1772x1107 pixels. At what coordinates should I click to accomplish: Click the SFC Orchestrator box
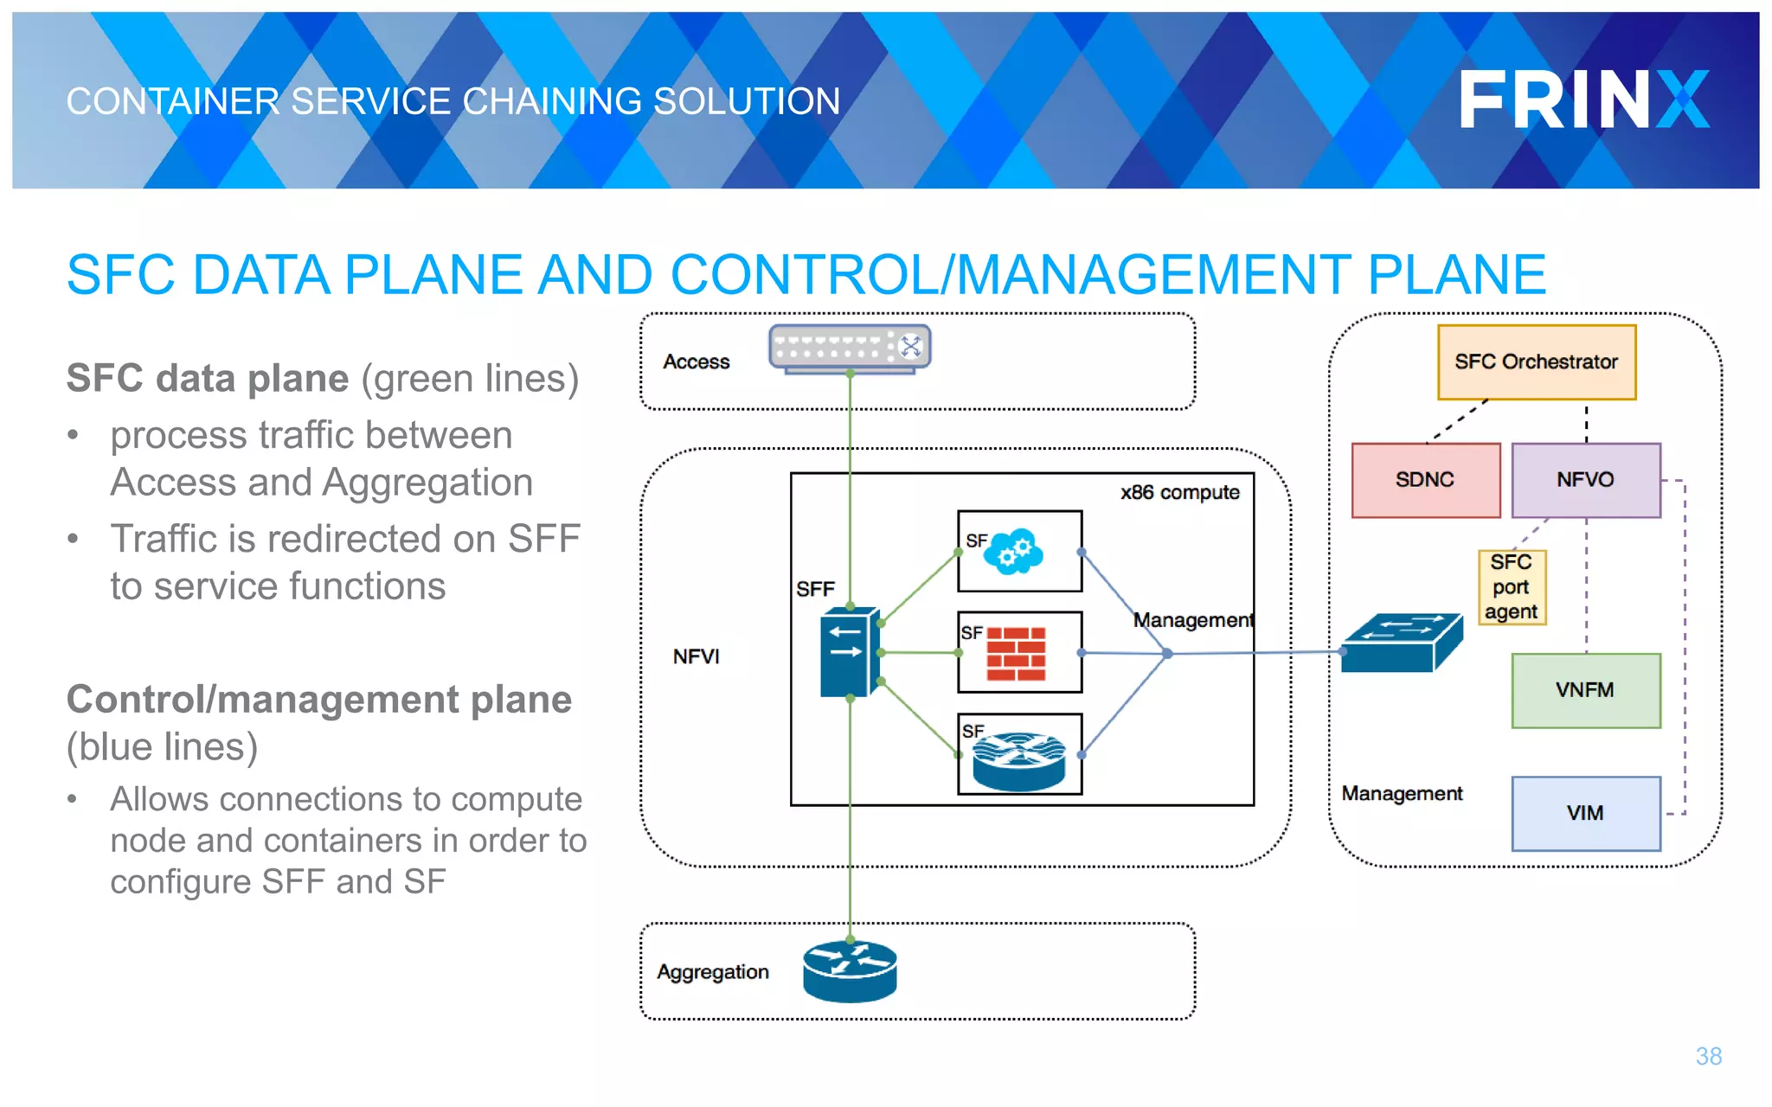pyautogui.click(x=1536, y=362)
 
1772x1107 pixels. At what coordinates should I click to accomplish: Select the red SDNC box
pyautogui.click(x=1425, y=480)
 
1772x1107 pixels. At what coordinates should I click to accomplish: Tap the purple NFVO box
pyautogui.click(x=1585, y=480)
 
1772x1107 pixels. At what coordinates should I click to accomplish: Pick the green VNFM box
pyautogui.click(x=1585, y=690)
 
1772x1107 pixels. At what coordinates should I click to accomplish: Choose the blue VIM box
pyautogui.click(x=1585, y=813)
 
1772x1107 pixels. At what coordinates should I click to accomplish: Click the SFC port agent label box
pyautogui.click(x=1511, y=587)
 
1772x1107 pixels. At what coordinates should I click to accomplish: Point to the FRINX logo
pyautogui.click(x=1583, y=99)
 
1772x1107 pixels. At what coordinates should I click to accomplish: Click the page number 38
pyautogui.click(x=1708, y=1056)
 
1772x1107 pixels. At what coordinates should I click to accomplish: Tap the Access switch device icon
pyautogui.click(x=850, y=349)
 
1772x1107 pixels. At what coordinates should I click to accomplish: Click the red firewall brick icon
pyautogui.click(x=1017, y=654)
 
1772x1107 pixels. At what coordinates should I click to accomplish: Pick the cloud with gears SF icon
pyautogui.click(x=1015, y=551)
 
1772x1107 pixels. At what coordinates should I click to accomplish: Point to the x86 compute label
pyautogui.click(x=1179, y=492)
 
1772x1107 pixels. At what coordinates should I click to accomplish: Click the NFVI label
pyautogui.click(x=696, y=656)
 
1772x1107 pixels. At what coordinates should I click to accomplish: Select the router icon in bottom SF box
pyautogui.click(x=1018, y=760)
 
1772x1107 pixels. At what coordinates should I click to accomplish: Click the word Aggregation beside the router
pyautogui.click(x=712, y=972)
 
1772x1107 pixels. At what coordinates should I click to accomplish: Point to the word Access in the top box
pyautogui.click(x=696, y=362)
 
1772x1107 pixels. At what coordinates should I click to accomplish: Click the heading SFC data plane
pyautogui.click(x=208, y=379)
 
